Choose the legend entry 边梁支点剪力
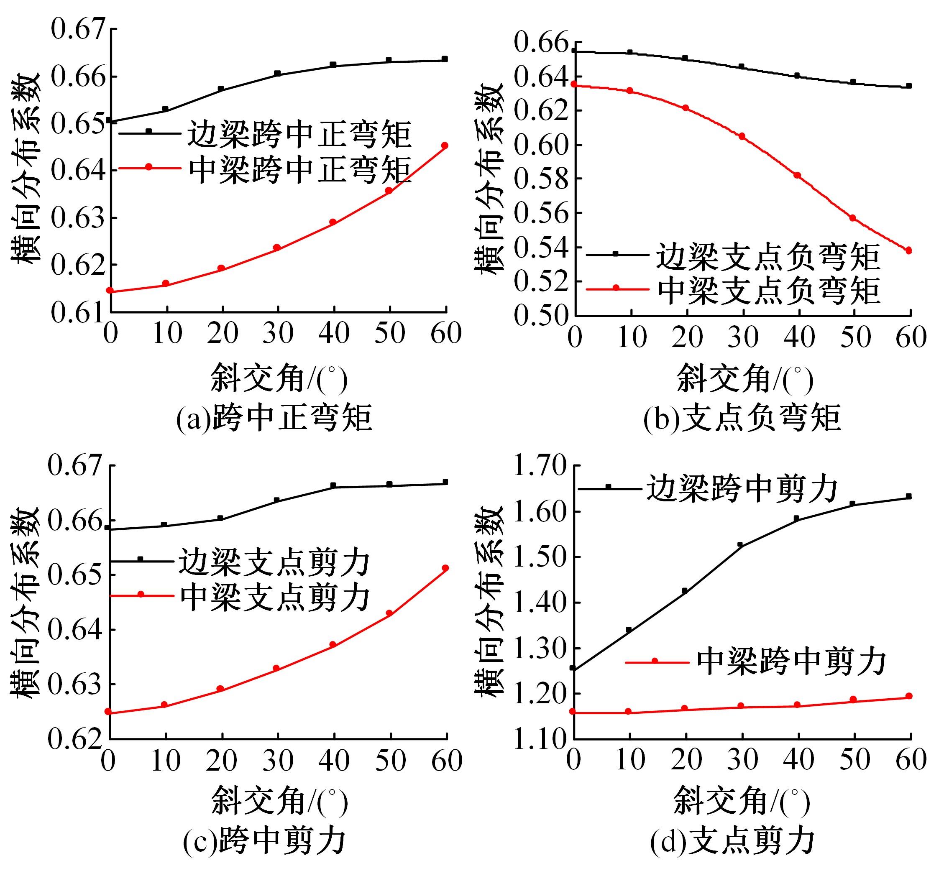click(x=274, y=563)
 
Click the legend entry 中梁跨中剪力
click(x=791, y=662)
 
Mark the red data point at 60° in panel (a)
click(x=444, y=146)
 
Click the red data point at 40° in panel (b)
click(x=798, y=175)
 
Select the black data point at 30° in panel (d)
click(x=740, y=545)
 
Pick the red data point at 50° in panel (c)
click(x=389, y=613)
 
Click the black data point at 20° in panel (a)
click(x=221, y=89)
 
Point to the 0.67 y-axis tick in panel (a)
click(x=77, y=29)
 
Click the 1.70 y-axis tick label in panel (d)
click(x=540, y=468)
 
